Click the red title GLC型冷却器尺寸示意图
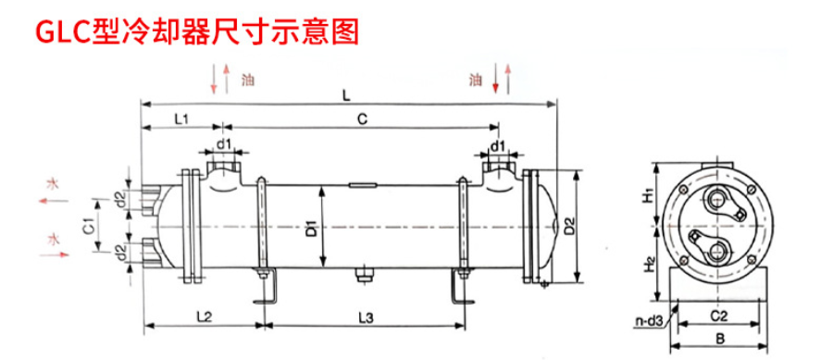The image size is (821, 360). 197,32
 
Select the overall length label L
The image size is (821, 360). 346,96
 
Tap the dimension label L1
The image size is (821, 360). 181,118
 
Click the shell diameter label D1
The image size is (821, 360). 312,230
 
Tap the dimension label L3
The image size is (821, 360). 366,317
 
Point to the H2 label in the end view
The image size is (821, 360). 649,265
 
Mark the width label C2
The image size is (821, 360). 719,317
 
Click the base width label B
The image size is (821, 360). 720,340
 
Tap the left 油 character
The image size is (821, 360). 247,81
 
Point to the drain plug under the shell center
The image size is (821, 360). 362,275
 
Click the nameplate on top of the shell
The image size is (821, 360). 362,184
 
